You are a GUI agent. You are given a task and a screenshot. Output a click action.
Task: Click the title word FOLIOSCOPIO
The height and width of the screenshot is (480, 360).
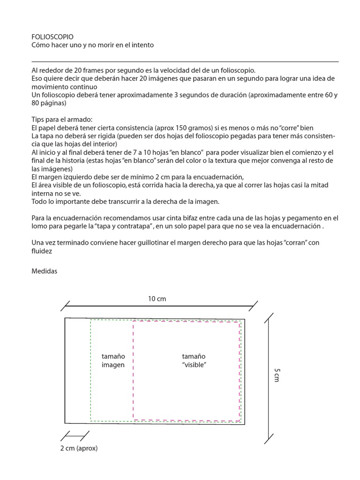[x=52, y=37]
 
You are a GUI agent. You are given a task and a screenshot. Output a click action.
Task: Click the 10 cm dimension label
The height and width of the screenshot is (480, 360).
[x=157, y=298]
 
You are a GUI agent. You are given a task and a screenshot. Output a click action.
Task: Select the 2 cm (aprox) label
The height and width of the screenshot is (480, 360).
[x=79, y=448]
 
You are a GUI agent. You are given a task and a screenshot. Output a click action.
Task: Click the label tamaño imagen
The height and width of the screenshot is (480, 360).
[x=113, y=360]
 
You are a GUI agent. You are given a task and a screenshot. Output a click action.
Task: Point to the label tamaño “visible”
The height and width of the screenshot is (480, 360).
[x=194, y=360]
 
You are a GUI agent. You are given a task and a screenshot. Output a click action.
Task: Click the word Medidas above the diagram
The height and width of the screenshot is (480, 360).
[x=44, y=271]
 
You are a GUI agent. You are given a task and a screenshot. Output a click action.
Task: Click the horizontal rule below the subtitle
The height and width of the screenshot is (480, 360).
[x=185, y=61]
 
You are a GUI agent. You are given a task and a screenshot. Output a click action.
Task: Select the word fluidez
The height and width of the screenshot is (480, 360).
[x=41, y=251]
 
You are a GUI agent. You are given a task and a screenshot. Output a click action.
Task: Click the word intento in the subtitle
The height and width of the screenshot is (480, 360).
[x=142, y=45]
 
